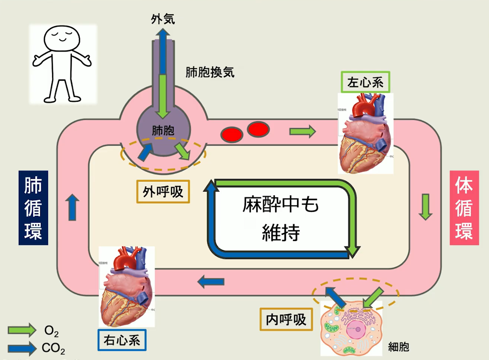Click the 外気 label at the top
(x=163, y=19)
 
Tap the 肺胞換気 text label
(x=210, y=72)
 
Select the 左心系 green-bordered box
(x=365, y=82)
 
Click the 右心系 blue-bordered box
(x=122, y=340)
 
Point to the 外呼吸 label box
(x=163, y=192)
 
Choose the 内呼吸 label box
(x=286, y=319)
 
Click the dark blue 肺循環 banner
(x=33, y=208)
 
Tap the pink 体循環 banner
(x=464, y=208)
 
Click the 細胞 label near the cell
(x=398, y=347)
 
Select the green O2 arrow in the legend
(x=22, y=330)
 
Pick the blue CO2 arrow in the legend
(x=22, y=348)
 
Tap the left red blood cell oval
(x=232, y=134)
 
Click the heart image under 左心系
(x=365, y=134)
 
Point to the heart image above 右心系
(x=127, y=287)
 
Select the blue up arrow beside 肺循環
(x=72, y=207)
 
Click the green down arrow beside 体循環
(x=425, y=207)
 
